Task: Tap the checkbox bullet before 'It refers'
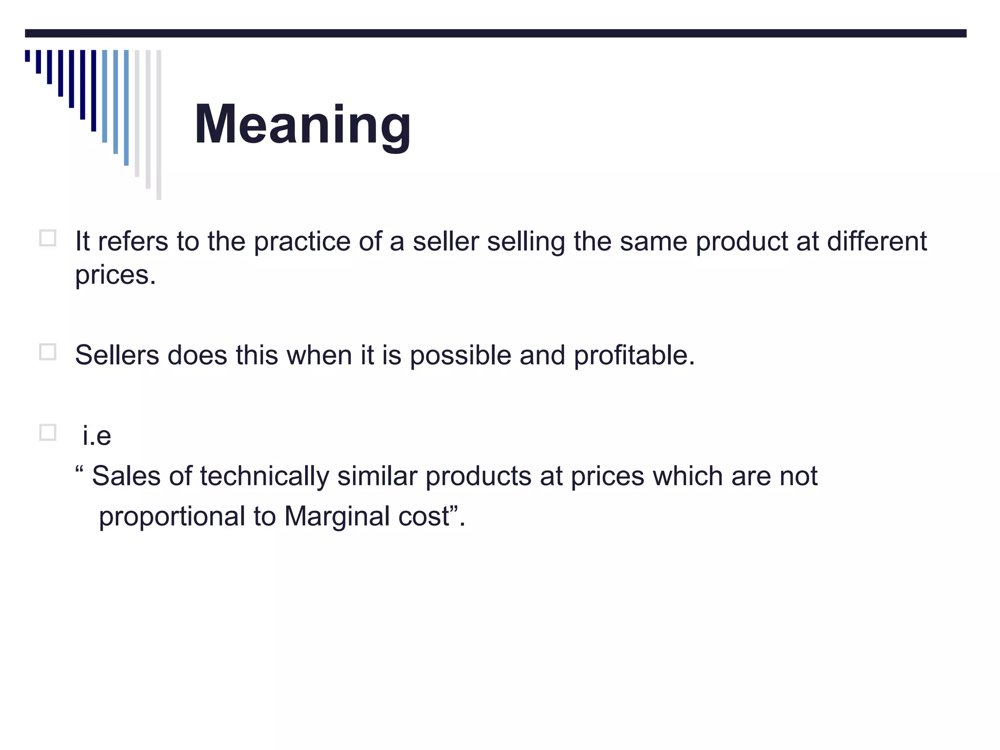(48, 238)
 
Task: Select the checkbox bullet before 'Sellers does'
(48, 352)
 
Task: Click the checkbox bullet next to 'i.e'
(48, 433)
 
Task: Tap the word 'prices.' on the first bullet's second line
(115, 275)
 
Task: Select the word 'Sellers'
(117, 355)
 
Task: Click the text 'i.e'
(97, 436)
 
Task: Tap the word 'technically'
(264, 477)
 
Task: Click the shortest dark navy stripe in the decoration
(27, 56)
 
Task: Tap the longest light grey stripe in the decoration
(159, 125)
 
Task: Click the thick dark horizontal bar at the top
(496, 33)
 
